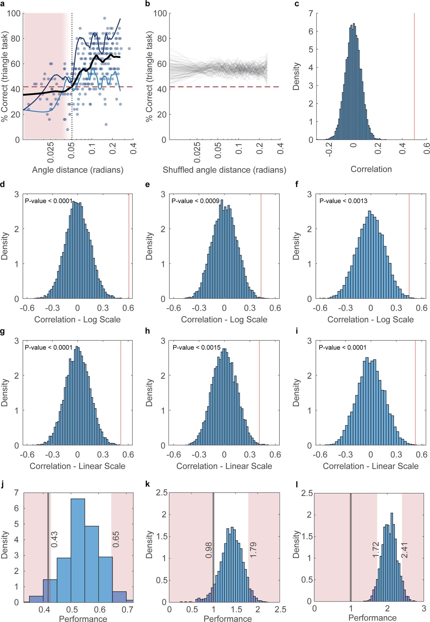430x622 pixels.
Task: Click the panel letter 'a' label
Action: [x=3, y=4]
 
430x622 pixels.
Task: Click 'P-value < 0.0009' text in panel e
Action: [x=195, y=201]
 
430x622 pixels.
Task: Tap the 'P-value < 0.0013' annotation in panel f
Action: [x=343, y=201]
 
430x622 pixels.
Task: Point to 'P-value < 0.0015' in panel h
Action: [x=197, y=348]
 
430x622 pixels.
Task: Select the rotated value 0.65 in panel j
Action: [x=116, y=539]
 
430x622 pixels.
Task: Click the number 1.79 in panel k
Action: [x=253, y=550]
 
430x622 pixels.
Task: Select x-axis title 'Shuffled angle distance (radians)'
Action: [x=224, y=170]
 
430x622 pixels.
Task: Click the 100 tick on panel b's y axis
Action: [x=160, y=13]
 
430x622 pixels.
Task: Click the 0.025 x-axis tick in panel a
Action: [x=50, y=152]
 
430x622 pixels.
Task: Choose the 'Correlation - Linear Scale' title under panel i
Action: [x=370, y=466]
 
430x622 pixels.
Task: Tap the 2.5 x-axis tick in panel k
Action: [x=280, y=609]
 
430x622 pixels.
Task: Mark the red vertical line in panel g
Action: [x=121, y=391]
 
